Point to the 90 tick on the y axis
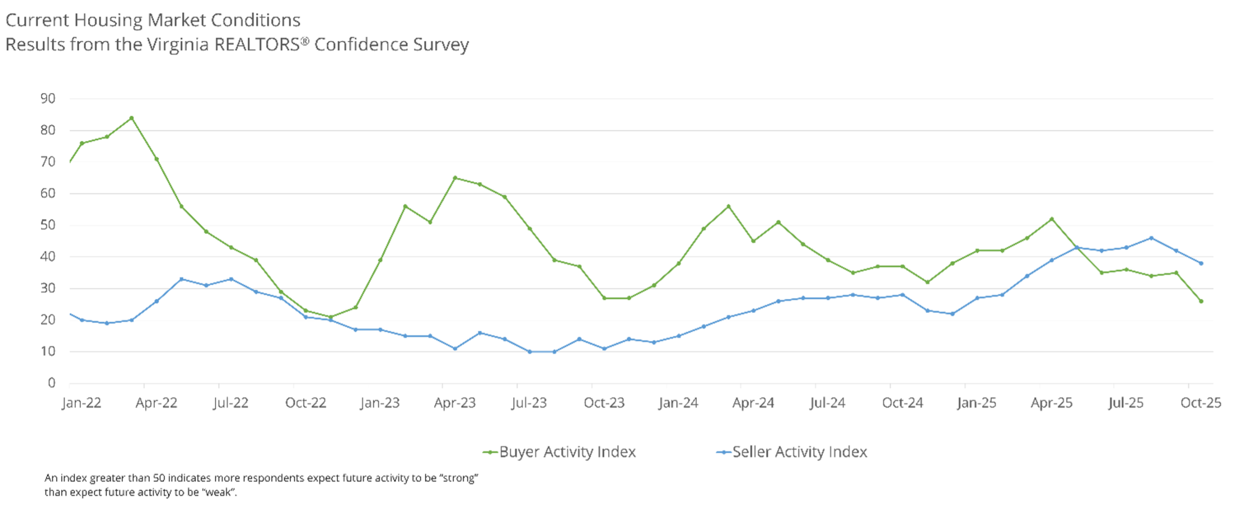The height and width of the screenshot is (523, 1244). pos(48,99)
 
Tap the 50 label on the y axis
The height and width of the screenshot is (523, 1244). pos(48,225)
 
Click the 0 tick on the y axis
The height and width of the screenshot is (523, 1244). pos(52,383)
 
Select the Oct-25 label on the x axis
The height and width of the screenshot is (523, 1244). pos(1200,403)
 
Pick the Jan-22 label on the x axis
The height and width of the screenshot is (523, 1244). pos(82,403)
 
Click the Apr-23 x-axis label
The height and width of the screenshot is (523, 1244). pos(455,403)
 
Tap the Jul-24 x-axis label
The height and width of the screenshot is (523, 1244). pos(828,403)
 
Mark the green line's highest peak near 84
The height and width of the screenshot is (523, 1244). pos(132,118)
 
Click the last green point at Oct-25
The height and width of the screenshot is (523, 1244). pos(1201,301)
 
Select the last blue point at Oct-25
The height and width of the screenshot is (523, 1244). pos(1201,263)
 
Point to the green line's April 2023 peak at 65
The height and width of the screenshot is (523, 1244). pos(455,178)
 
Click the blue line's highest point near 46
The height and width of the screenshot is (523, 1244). pos(1151,238)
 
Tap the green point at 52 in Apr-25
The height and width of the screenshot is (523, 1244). pos(1052,219)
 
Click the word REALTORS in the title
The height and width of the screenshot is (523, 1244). pos(257,45)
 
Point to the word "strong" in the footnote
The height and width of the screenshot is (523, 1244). pos(459,478)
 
